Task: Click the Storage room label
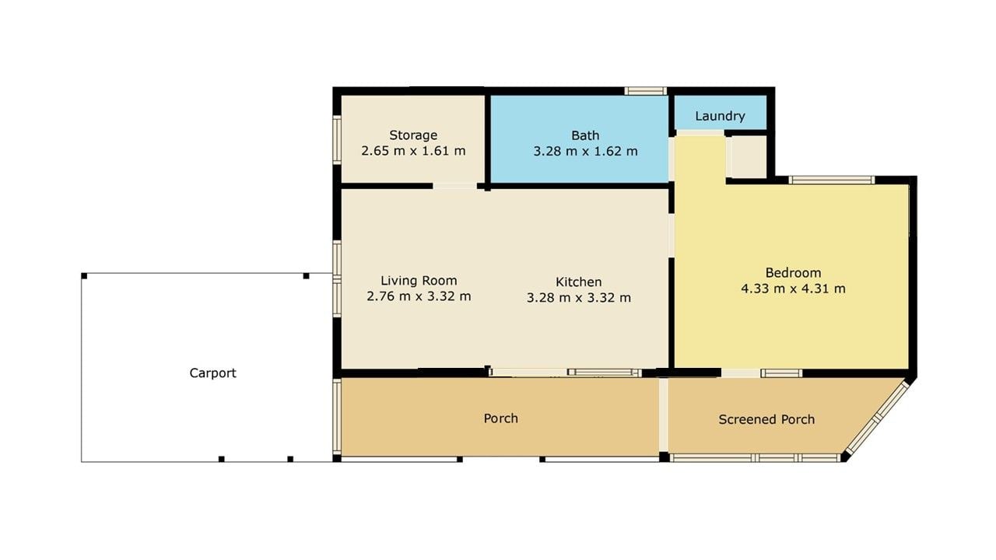point(413,135)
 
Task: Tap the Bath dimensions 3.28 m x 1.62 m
point(586,151)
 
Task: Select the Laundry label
point(720,116)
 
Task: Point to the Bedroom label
point(793,272)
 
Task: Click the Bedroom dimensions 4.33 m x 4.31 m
point(793,289)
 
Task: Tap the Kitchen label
point(578,282)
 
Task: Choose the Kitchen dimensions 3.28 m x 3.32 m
point(578,297)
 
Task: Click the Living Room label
point(419,281)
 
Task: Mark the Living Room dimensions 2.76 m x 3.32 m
point(419,296)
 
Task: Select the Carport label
point(212,373)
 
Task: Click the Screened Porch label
point(766,419)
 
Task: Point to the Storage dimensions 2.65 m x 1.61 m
point(413,151)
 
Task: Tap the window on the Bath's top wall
point(645,91)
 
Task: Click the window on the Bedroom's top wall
point(832,180)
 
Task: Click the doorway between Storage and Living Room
point(455,186)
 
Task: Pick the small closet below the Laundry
point(749,156)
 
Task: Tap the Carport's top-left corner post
point(84,276)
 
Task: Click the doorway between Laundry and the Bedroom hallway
point(700,133)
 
